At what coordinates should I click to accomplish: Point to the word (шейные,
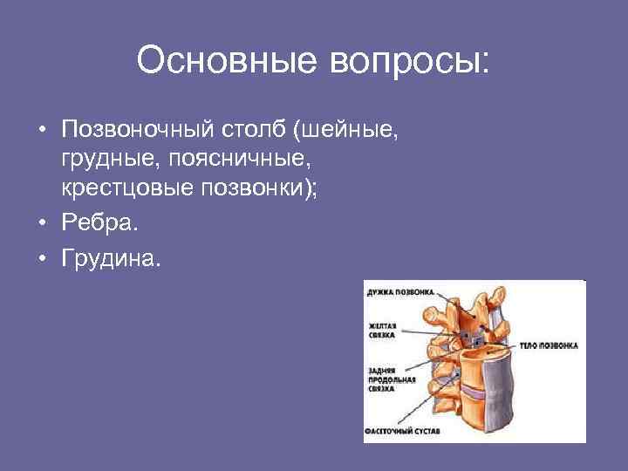tap(347, 132)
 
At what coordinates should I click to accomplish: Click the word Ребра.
tap(94, 226)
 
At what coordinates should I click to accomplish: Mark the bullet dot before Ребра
tap(42, 227)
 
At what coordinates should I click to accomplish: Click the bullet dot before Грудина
tap(42, 259)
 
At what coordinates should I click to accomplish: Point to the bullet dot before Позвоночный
tap(42, 133)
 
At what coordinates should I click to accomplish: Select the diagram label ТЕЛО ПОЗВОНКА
tap(549, 345)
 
